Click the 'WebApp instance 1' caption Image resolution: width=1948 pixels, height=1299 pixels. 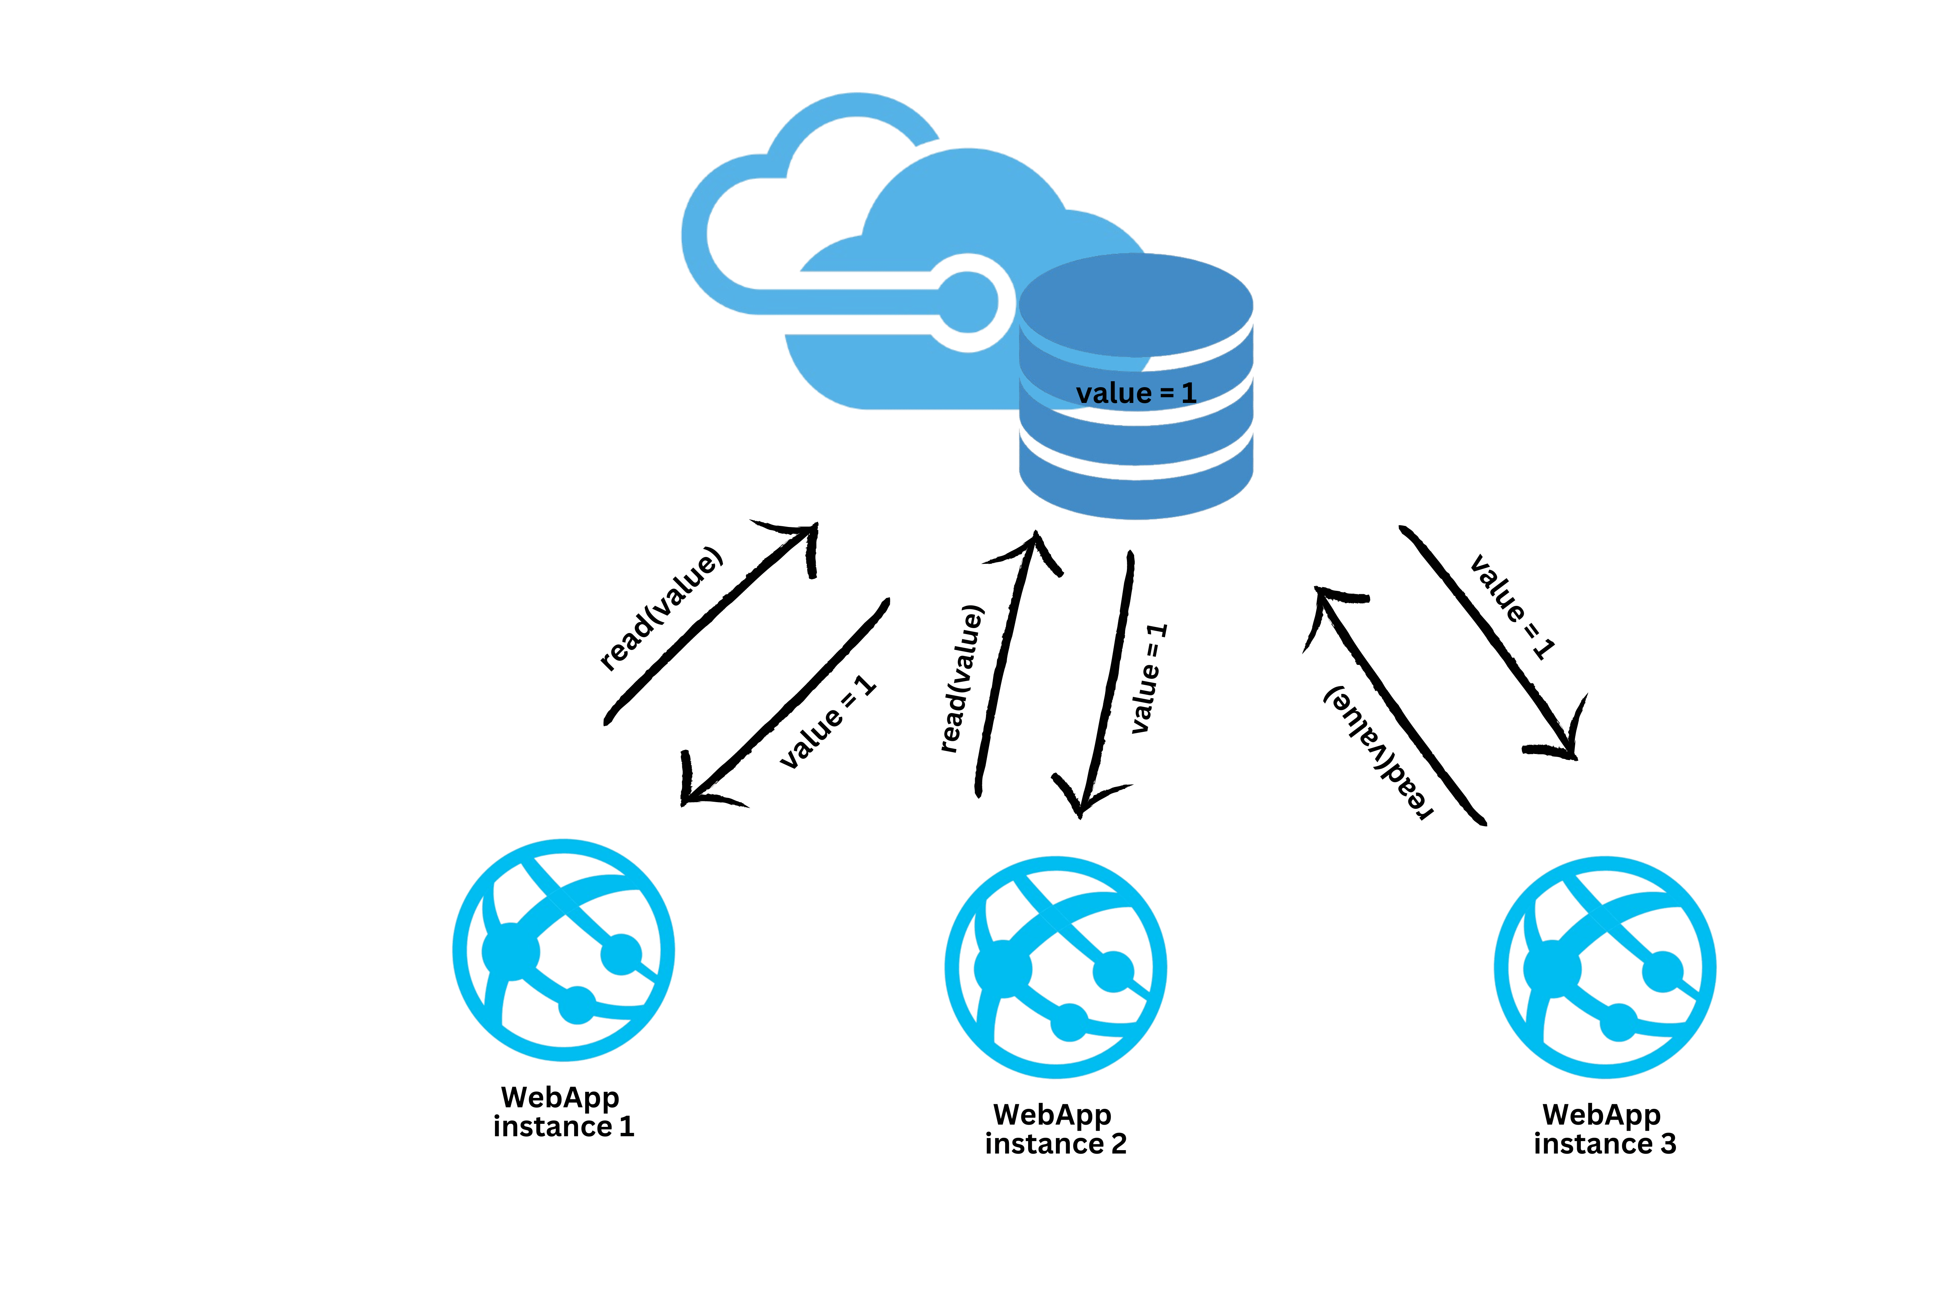point(563,1112)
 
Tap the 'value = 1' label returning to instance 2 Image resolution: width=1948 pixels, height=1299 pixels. point(1149,678)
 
